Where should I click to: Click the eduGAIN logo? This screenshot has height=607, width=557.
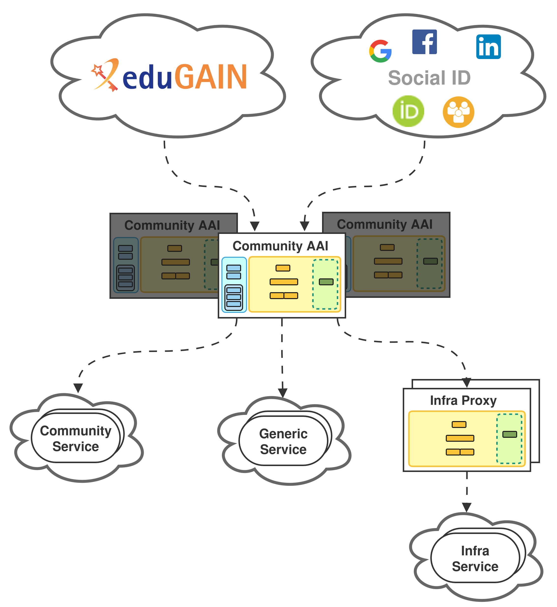pyautogui.click(x=170, y=75)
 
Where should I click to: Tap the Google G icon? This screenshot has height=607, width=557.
pyautogui.click(x=380, y=51)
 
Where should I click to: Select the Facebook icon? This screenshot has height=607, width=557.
pyautogui.click(x=424, y=42)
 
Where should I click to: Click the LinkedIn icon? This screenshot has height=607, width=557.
pyautogui.click(x=488, y=47)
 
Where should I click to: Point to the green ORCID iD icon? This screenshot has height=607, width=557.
pyautogui.click(x=408, y=111)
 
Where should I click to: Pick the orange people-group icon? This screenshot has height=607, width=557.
pyautogui.click(x=458, y=112)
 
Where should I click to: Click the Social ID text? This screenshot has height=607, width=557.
pyautogui.click(x=429, y=78)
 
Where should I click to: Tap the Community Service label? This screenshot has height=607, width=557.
pyautogui.click(x=76, y=439)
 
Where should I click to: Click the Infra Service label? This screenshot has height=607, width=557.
pyautogui.click(x=475, y=559)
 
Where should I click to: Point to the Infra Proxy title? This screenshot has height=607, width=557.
pyautogui.click(x=463, y=401)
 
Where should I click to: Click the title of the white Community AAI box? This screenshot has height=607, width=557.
pyautogui.click(x=280, y=246)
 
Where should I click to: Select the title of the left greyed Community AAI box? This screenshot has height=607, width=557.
pyautogui.click(x=172, y=225)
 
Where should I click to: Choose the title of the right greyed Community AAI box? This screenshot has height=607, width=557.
pyautogui.click(x=385, y=224)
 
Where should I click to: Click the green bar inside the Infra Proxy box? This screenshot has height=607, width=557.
pyautogui.click(x=510, y=434)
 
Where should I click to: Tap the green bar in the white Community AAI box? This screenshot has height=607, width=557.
pyautogui.click(x=326, y=282)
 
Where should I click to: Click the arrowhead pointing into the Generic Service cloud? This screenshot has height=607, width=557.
pyautogui.click(x=282, y=392)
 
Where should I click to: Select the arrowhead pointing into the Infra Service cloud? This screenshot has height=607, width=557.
pyautogui.click(x=466, y=507)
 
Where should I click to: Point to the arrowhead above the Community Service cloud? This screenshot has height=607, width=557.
pyautogui.click(x=78, y=388)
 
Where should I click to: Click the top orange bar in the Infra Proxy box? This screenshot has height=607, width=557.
pyautogui.click(x=459, y=425)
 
